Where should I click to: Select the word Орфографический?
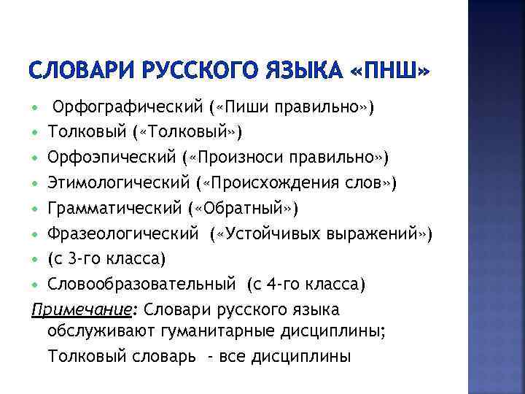[128, 108]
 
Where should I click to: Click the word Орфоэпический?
[117, 158]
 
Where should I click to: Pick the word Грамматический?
[117, 208]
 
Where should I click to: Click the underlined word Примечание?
[70, 309]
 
